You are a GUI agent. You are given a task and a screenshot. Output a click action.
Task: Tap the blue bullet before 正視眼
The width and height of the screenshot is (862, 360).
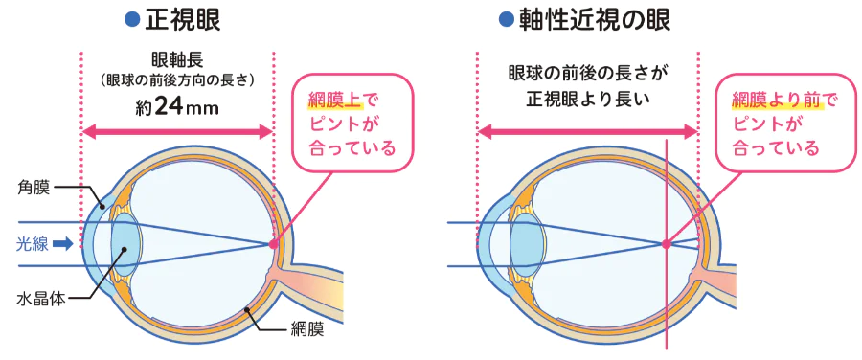coord(133,20)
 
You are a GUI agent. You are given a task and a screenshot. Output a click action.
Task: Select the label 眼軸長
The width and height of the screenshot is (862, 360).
coord(177,58)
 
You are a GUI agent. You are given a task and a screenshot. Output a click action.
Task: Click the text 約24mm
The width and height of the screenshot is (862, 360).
coord(178,105)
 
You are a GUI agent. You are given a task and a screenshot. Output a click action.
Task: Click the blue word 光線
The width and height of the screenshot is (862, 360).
coord(32,243)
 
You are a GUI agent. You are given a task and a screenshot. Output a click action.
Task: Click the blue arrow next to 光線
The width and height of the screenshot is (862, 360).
coord(63,243)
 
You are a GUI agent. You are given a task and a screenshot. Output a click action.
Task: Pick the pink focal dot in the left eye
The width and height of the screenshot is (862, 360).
coord(274,244)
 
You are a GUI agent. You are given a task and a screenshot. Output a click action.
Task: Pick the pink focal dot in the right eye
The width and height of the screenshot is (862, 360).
coord(665,243)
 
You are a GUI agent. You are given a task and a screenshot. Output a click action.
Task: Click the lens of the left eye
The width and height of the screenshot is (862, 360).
coord(125,243)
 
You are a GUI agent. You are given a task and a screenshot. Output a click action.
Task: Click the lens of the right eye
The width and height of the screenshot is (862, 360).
coord(524,243)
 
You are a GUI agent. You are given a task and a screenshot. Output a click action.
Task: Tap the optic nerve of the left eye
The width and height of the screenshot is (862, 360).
coord(306,284)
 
